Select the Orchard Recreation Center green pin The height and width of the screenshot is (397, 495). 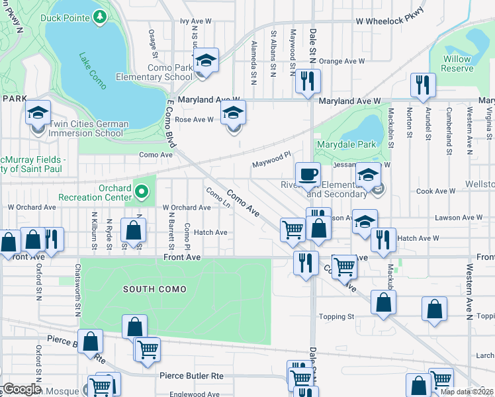140,193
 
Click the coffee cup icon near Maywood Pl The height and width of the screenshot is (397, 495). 308,175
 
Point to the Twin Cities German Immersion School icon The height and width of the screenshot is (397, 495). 38,114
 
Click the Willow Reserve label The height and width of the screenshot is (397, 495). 457,64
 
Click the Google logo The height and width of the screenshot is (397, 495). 22,389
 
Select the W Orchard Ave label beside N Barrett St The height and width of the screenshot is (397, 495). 187,207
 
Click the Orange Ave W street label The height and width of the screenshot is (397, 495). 342,61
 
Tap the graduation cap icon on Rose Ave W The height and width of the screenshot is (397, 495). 233,113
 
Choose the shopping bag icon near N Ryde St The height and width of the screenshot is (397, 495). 134,232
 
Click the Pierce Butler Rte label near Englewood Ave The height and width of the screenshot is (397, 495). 191,376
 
